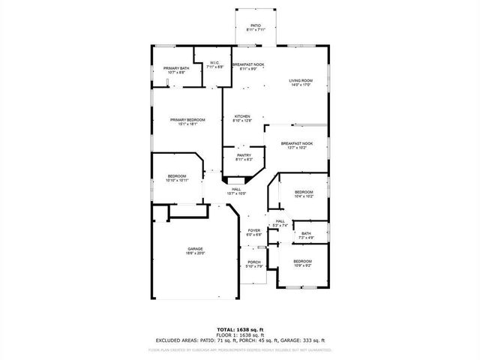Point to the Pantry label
[244, 157]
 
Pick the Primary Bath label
[176, 70]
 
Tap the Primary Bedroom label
[187, 122]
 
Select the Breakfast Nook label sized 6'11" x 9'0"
[247, 67]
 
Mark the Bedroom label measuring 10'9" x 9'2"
[302, 263]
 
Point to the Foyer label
[254, 232]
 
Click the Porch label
[254, 264]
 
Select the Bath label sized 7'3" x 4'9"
[306, 235]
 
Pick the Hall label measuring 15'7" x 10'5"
[236, 191]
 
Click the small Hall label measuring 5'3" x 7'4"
[280, 223]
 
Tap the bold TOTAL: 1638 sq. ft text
[239, 329]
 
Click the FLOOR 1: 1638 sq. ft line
[239, 334]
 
